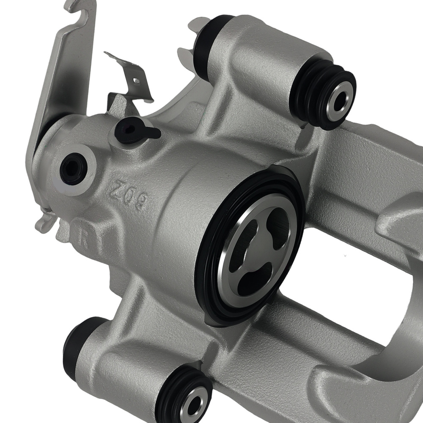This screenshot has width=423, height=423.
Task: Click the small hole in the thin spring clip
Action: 136,79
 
